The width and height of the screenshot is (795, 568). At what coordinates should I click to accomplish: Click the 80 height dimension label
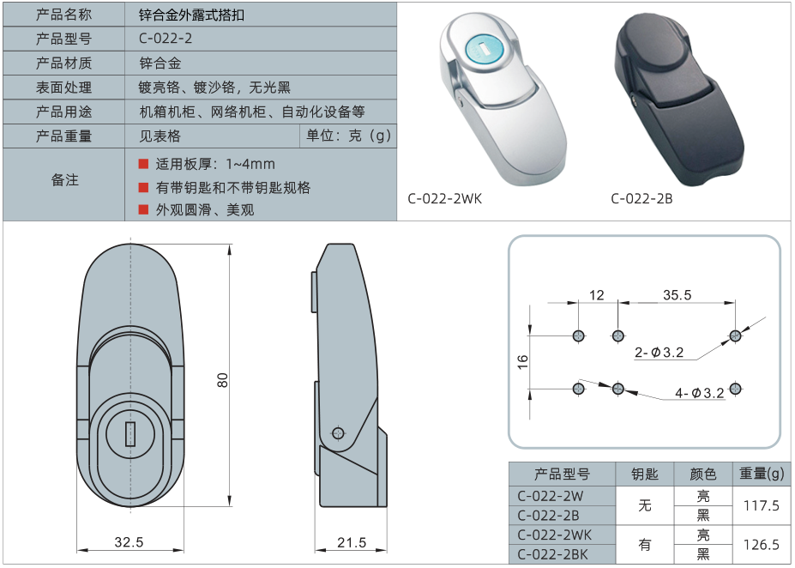pyautogui.click(x=223, y=380)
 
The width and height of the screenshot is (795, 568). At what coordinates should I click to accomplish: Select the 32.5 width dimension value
pyautogui.click(x=129, y=542)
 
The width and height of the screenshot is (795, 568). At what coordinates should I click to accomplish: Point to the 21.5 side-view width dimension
pyautogui.click(x=352, y=542)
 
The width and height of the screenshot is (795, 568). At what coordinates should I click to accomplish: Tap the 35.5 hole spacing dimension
pyautogui.click(x=677, y=295)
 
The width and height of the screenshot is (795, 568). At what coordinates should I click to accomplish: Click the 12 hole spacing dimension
pyautogui.click(x=597, y=295)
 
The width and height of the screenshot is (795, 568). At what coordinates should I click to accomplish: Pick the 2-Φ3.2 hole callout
pyautogui.click(x=659, y=352)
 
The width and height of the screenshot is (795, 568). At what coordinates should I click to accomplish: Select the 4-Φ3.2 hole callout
pyautogui.click(x=700, y=392)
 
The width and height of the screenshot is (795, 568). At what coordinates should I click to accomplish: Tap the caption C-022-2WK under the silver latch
pyautogui.click(x=444, y=199)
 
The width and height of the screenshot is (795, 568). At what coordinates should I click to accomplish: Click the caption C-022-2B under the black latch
pyautogui.click(x=641, y=199)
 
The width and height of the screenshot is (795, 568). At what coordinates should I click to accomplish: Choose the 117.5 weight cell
pyautogui.click(x=761, y=505)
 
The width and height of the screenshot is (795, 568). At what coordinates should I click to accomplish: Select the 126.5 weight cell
pyautogui.click(x=761, y=545)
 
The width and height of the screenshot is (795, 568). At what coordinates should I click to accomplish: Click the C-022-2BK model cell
pyautogui.click(x=552, y=554)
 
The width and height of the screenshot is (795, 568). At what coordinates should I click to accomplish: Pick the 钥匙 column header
pyautogui.click(x=644, y=474)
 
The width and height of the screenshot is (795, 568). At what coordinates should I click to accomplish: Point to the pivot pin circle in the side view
pyautogui.click(x=338, y=433)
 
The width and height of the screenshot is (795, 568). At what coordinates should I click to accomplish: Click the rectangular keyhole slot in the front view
pyautogui.click(x=130, y=434)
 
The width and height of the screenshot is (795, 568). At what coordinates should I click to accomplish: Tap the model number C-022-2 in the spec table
pyautogui.click(x=166, y=39)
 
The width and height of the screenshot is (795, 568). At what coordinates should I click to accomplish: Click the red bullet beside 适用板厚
pyautogui.click(x=143, y=164)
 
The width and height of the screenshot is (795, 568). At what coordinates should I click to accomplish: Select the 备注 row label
pyautogui.click(x=64, y=180)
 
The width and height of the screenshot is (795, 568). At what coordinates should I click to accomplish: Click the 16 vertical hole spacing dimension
pyautogui.click(x=523, y=362)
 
